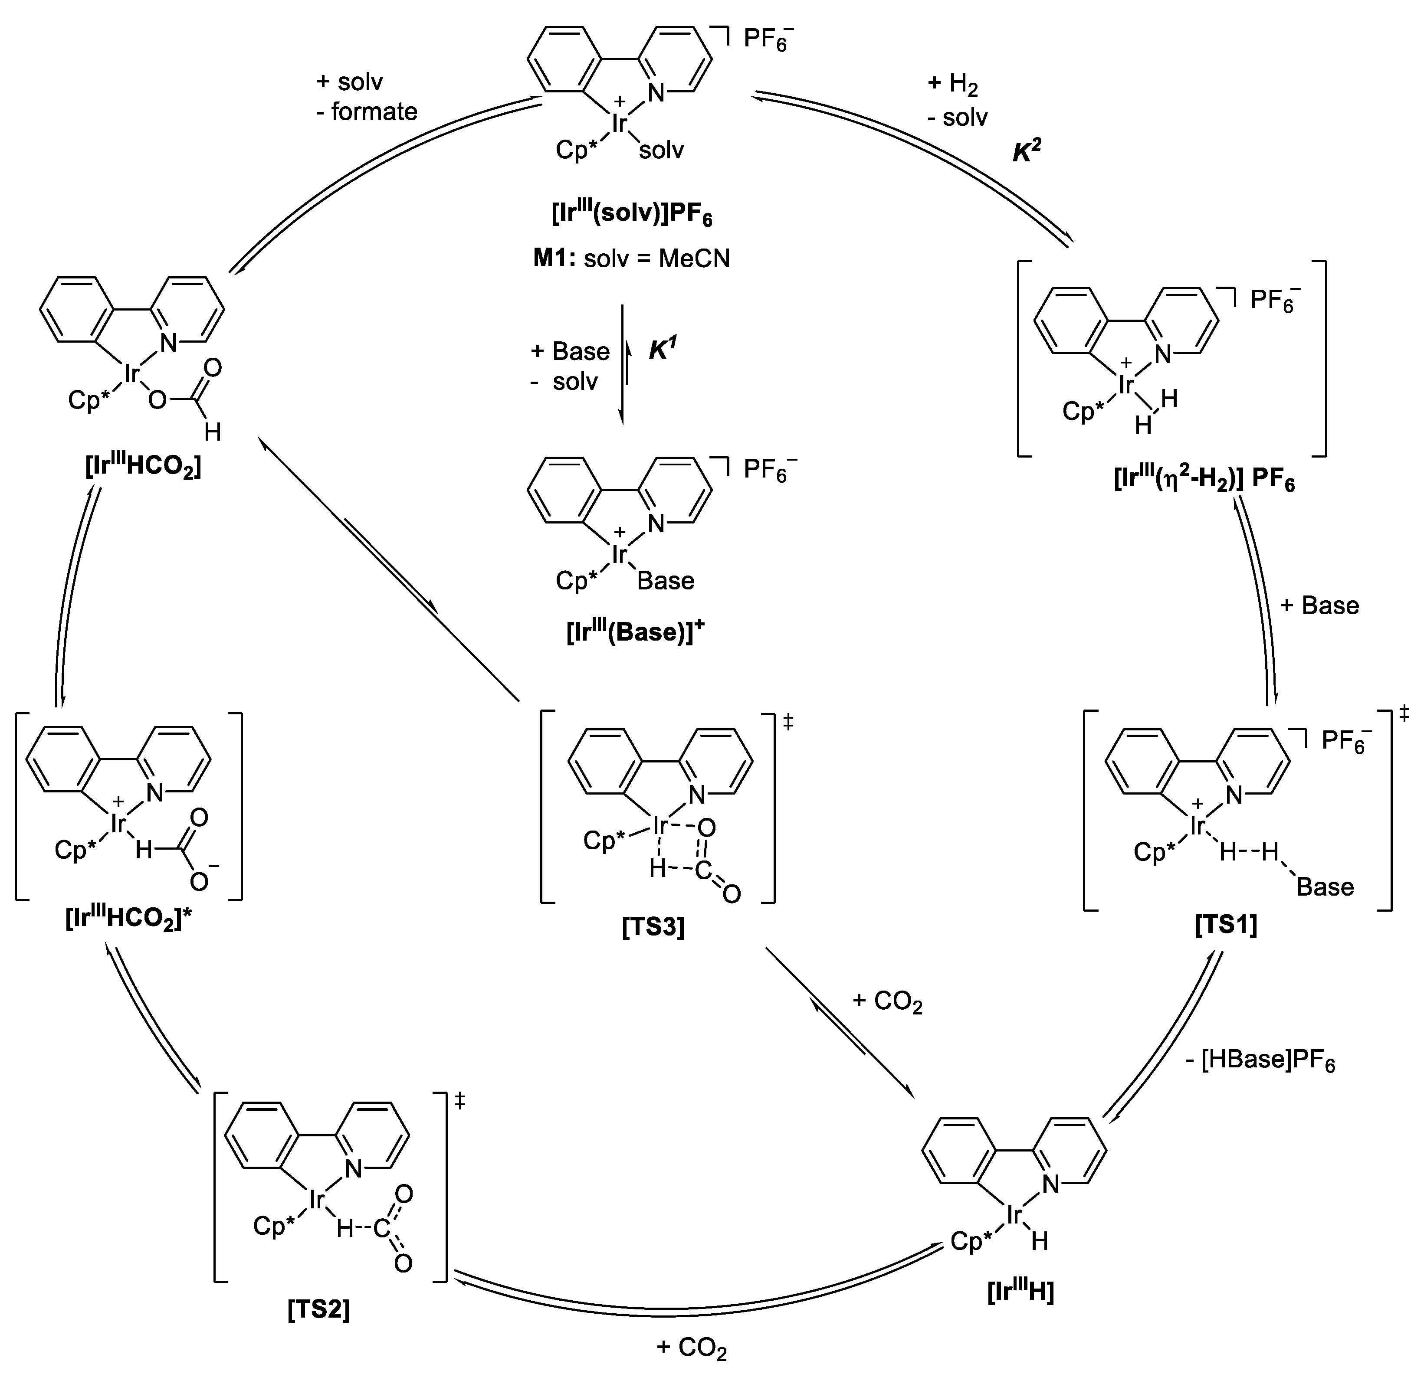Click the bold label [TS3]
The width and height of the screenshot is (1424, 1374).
coord(653,928)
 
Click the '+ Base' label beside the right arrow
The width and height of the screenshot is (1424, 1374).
coord(1319,605)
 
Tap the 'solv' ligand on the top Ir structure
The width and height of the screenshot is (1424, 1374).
coord(661,151)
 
